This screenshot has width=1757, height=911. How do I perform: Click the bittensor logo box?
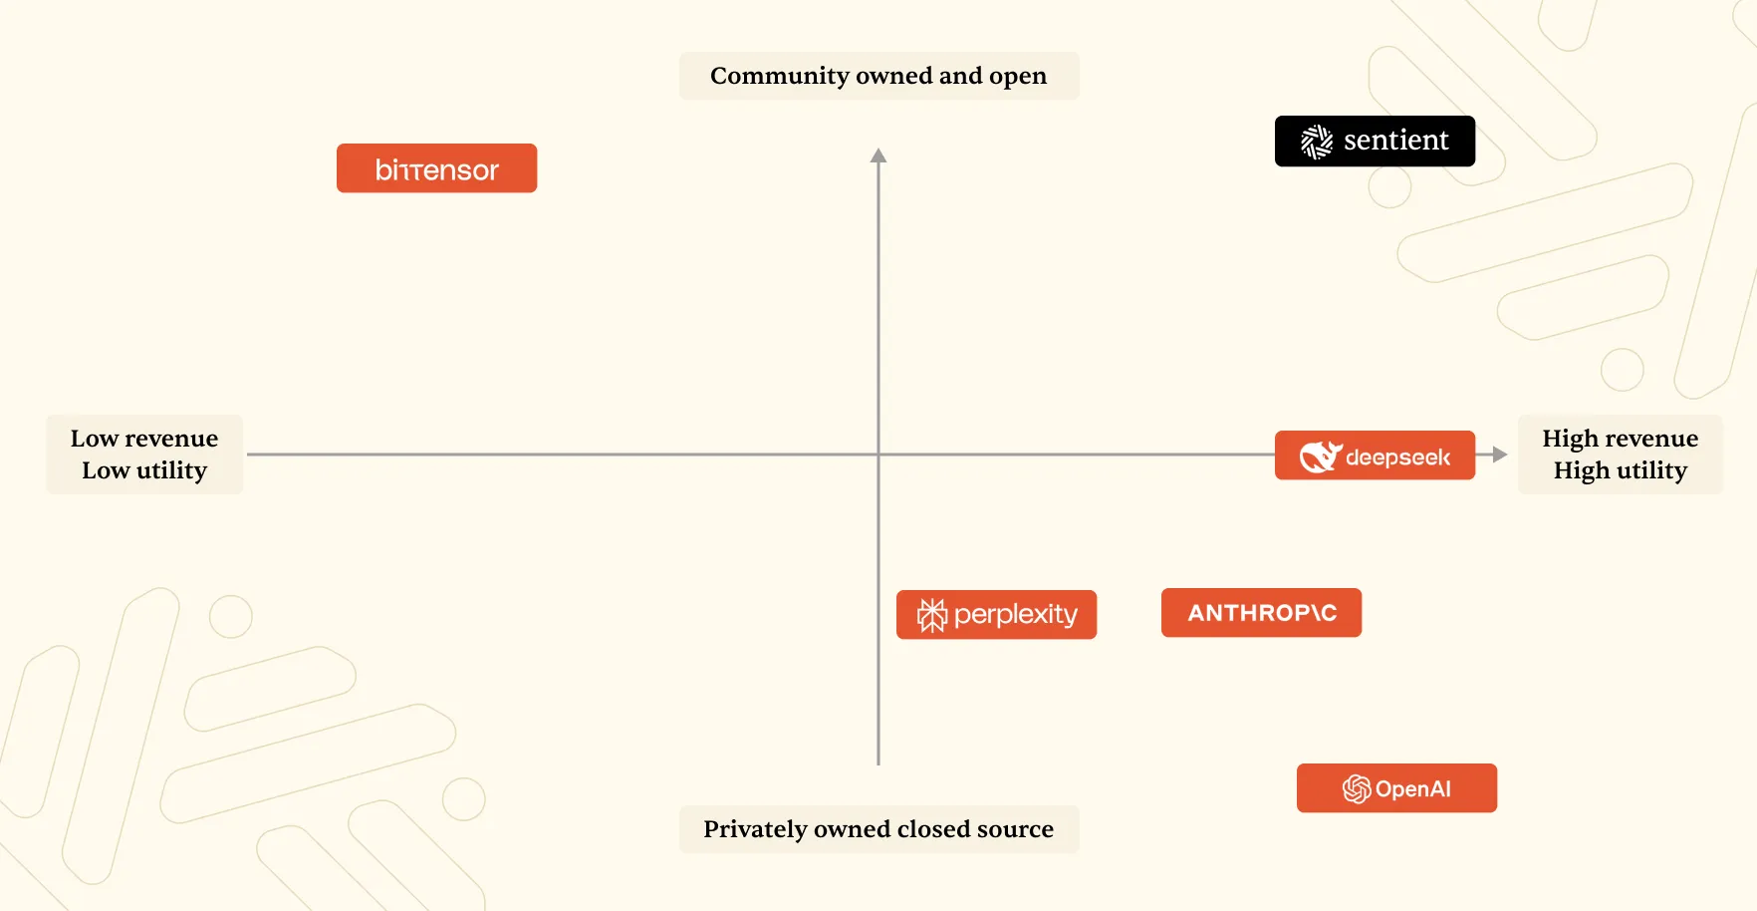pyautogui.click(x=436, y=168)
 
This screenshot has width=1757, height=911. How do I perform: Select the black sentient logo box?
pyautogui.click(x=1375, y=142)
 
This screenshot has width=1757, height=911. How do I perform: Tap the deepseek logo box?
pyautogui.click(x=1375, y=455)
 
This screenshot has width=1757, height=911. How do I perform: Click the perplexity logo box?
pyautogui.click(x=996, y=614)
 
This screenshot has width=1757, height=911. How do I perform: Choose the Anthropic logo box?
pyautogui.click(x=1261, y=612)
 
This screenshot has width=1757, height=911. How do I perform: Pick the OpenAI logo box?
pyautogui.click(x=1396, y=788)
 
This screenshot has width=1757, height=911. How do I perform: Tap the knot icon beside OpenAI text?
pyautogui.click(x=1356, y=789)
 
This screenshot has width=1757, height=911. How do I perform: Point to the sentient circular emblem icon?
pyautogui.click(x=1317, y=142)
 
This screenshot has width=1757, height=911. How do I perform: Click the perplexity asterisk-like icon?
pyautogui.click(x=932, y=615)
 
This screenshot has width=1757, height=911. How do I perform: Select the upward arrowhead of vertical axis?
pyautogui.click(x=878, y=155)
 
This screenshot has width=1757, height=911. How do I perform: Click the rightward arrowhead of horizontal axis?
pyautogui.click(x=1500, y=455)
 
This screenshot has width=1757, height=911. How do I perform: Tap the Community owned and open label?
pyautogui.click(x=878, y=76)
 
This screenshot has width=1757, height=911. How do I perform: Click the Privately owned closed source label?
pyautogui.click(x=878, y=829)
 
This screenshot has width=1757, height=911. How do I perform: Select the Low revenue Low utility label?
pyautogui.click(x=144, y=455)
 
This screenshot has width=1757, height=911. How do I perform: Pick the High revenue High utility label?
pyautogui.click(x=1620, y=455)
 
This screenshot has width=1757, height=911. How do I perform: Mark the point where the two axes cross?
pyautogui.click(x=878, y=455)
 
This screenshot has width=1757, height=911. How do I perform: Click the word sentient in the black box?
pyautogui.click(x=1395, y=141)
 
